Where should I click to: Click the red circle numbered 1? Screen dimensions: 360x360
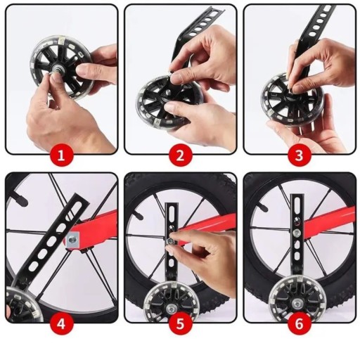(x=61, y=155)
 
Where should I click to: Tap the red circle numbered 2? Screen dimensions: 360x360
(x=180, y=155)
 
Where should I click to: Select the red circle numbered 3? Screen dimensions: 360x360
(x=300, y=155)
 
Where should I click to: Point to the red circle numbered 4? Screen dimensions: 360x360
(x=61, y=324)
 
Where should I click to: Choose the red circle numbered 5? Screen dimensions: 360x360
(x=180, y=324)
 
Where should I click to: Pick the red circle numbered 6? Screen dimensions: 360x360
(x=300, y=324)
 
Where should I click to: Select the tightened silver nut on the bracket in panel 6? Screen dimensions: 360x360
(x=297, y=233)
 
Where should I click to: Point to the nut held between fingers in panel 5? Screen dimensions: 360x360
(x=171, y=240)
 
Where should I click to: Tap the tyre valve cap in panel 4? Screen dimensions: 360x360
(x=20, y=198)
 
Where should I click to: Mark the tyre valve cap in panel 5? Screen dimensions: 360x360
(x=139, y=215)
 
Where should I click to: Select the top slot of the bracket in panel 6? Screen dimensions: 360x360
(x=297, y=203)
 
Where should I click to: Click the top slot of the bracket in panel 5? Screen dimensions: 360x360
(x=172, y=212)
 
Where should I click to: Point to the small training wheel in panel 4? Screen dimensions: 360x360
(x=18, y=303)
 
